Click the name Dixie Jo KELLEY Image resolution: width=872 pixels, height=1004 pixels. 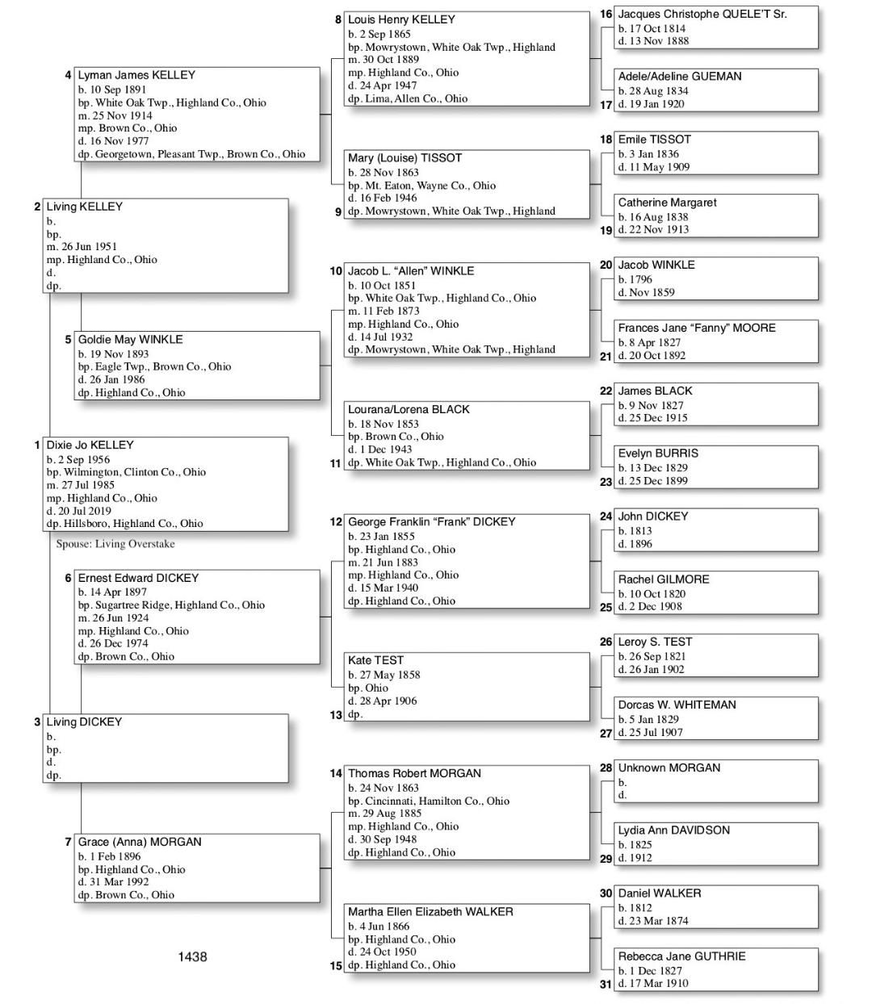coord(90,445)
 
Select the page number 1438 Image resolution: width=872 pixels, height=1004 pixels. coord(192,956)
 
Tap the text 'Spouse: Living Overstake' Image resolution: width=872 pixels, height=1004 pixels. coord(115,544)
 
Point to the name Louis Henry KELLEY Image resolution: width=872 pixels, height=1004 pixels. coord(401,19)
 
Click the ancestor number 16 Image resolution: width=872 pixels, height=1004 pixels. coord(606,14)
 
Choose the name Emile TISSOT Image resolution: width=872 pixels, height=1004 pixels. coord(654,140)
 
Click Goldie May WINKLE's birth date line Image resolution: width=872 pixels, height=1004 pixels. coord(113,353)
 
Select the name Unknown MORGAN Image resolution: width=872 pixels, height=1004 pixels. coord(669,768)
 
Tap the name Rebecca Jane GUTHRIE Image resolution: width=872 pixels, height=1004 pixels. coord(681,956)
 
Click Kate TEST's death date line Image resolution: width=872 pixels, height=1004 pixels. coord(382,701)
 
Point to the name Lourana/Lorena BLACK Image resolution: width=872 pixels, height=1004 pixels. coord(409,409)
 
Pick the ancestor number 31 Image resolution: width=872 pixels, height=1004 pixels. coord(606,984)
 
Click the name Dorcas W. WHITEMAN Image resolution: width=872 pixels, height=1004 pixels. coord(677,705)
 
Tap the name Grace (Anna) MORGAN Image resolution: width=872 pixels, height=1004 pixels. coord(139,842)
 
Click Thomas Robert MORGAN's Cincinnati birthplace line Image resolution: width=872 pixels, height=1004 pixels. coord(428,801)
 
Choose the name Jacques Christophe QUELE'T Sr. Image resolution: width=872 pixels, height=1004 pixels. coord(702,14)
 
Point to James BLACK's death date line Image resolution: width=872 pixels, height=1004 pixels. coord(652,418)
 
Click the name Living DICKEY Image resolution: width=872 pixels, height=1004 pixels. coord(84,722)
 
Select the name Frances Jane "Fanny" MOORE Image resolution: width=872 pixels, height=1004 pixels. coord(696,328)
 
